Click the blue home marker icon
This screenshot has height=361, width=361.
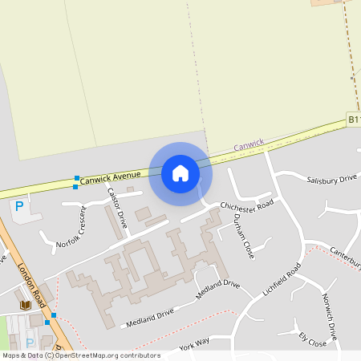180,172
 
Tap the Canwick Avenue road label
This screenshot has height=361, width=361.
111,178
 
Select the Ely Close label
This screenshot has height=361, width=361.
312,339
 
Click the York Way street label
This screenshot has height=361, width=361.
194,345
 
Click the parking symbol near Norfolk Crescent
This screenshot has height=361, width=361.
18,206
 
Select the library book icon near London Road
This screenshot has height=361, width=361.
25,305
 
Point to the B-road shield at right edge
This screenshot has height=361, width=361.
354,119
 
